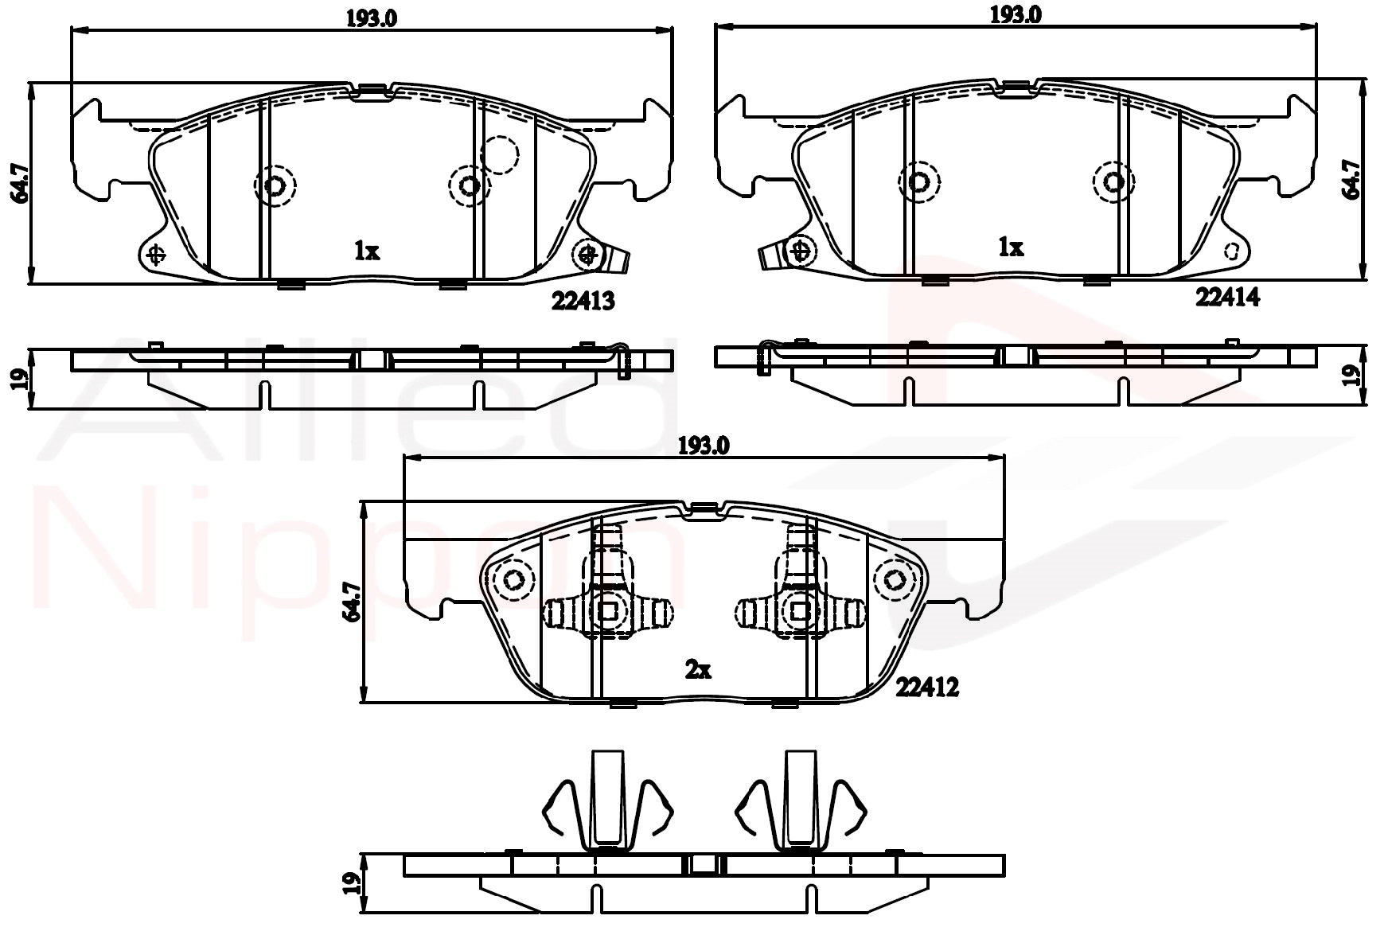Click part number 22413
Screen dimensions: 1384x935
coord(583,301)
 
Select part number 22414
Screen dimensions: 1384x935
coord(1228,297)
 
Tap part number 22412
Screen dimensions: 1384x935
coord(927,687)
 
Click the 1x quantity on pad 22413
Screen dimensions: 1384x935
coord(367,251)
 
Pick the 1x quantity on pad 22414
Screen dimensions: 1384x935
coord(1011,247)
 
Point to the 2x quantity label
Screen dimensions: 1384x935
coord(698,670)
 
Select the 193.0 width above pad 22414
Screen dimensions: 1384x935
coord(1016,14)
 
